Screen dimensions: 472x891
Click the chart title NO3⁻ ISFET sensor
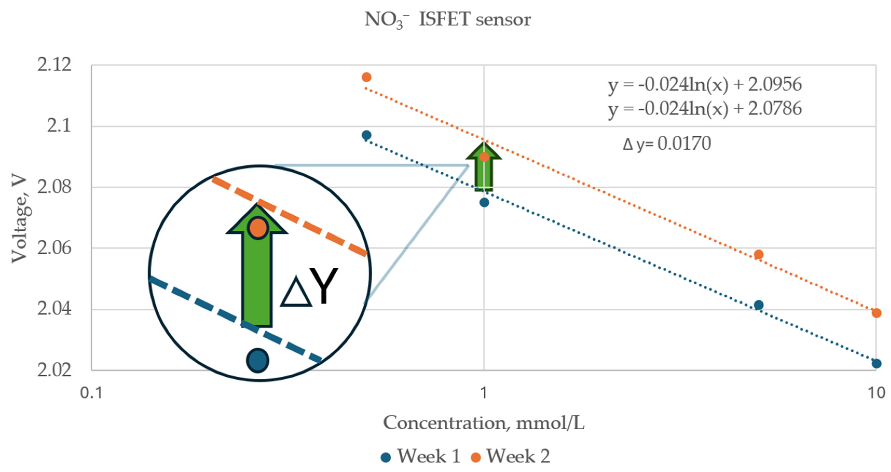(448, 20)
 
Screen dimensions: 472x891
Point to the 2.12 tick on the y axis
(54, 65)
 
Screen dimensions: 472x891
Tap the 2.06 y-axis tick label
(54, 248)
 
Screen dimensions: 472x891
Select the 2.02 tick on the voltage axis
(54, 370)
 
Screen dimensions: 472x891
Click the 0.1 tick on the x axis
(91, 393)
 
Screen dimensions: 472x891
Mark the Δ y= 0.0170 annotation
(667, 144)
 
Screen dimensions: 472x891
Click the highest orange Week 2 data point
(366, 77)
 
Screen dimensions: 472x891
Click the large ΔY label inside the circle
(309, 287)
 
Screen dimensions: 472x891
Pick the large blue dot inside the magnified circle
(258, 360)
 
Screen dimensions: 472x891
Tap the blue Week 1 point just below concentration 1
(484, 203)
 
